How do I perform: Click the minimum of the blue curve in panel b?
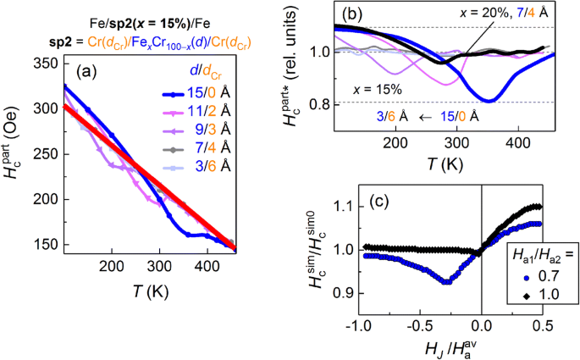click(489, 101)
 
